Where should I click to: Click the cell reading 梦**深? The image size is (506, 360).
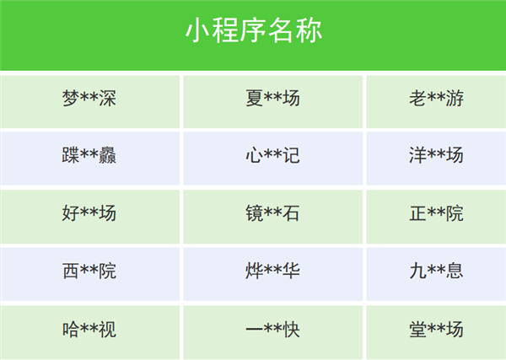tap(89, 99)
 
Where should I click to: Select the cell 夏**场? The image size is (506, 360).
tap(272, 99)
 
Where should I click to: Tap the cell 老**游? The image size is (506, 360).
tap(436, 99)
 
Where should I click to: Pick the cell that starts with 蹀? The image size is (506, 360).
tap(89, 156)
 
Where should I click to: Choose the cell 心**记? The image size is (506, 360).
tap(272, 156)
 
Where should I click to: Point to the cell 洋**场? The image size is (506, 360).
tap(436, 156)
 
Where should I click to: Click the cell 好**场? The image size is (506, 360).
tap(89, 214)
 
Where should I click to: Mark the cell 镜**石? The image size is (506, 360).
tap(272, 214)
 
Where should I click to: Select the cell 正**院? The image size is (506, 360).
tap(436, 214)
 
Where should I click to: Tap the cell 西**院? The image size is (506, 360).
tap(89, 271)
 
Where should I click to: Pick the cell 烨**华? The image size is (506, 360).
tap(272, 271)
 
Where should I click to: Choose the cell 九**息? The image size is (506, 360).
tap(436, 271)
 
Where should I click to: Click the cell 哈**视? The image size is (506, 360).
tap(89, 330)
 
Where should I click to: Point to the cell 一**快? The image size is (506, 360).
tap(272, 330)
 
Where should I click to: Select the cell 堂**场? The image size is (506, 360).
tap(436, 330)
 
